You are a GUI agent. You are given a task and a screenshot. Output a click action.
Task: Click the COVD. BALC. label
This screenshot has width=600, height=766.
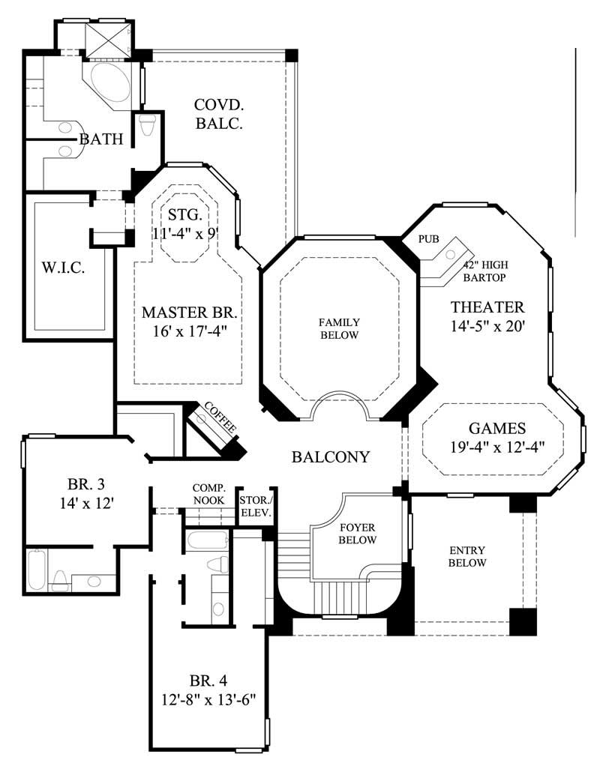pyautogui.click(x=219, y=114)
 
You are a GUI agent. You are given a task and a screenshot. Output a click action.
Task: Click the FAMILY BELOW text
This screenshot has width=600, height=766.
pyautogui.click(x=340, y=328)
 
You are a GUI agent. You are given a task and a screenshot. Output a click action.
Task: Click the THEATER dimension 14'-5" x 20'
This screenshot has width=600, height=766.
pyautogui.click(x=487, y=326)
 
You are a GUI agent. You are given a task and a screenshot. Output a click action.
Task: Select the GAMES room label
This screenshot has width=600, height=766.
pyautogui.click(x=496, y=429)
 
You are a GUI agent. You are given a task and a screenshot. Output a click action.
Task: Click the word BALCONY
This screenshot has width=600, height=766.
pyautogui.click(x=331, y=456)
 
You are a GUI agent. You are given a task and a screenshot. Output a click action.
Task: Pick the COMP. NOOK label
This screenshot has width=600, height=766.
pyautogui.click(x=209, y=493)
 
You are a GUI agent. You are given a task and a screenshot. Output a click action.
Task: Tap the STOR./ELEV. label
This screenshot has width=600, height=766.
pyautogui.click(x=255, y=507)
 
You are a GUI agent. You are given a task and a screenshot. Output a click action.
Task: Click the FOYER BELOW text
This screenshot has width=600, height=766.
pyautogui.click(x=357, y=532)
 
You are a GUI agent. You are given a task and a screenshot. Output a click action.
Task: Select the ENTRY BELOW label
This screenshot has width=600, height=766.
pyautogui.click(x=467, y=556)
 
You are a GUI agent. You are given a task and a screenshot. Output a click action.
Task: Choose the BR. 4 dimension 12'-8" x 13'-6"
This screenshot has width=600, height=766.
pyautogui.click(x=208, y=700)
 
